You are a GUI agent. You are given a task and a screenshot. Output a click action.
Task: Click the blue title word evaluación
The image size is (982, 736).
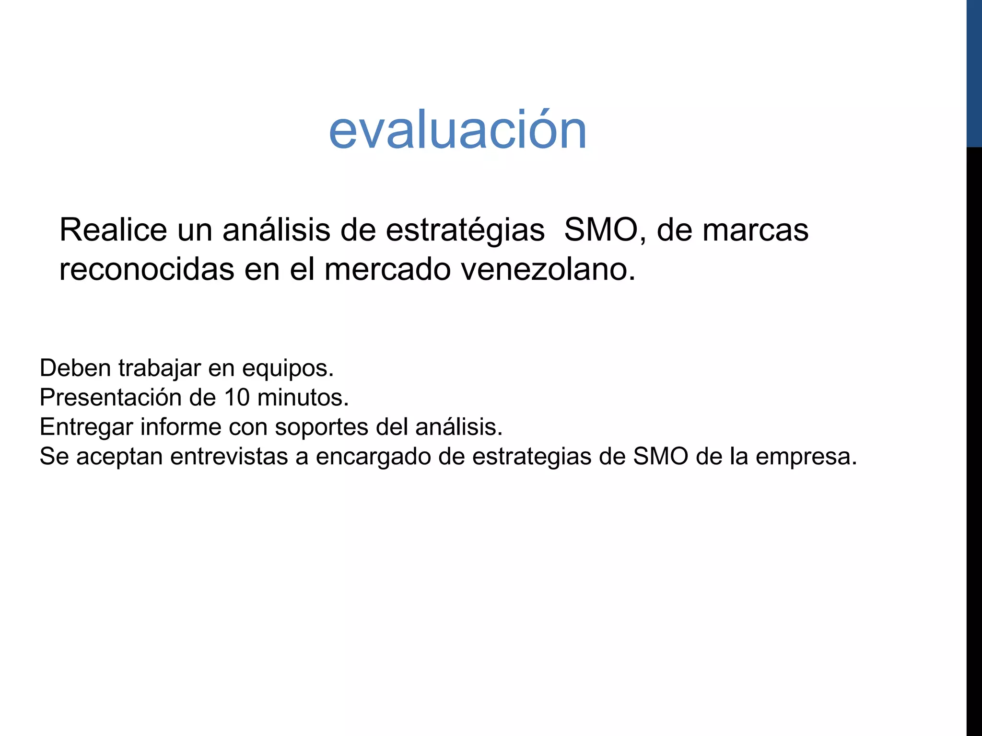[x=457, y=130]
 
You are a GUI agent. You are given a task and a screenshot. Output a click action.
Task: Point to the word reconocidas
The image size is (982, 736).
[x=147, y=269]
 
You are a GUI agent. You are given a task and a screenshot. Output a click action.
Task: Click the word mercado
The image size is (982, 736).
[x=387, y=269]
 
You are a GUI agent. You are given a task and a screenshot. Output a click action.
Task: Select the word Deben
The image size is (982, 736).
[x=75, y=368]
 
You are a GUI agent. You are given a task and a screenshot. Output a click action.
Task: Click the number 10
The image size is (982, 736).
[x=236, y=398]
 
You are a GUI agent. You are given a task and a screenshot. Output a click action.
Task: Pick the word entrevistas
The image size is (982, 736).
[x=229, y=456]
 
